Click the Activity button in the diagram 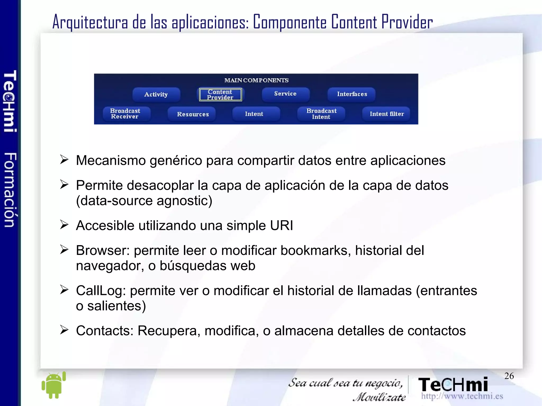(x=156, y=94)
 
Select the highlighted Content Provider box (x=220, y=94)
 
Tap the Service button (x=285, y=94)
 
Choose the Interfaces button (x=352, y=94)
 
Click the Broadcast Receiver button (x=125, y=114)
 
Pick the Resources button (x=193, y=114)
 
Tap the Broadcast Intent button (x=321, y=114)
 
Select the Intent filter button (x=387, y=114)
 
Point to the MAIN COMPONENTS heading (x=256, y=80)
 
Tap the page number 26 (x=509, y=376)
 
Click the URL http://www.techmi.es (x=462, y=396)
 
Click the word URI (x=281, y=226)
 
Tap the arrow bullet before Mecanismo (x=64, y=159)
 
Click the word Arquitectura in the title (x=90, y=22)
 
